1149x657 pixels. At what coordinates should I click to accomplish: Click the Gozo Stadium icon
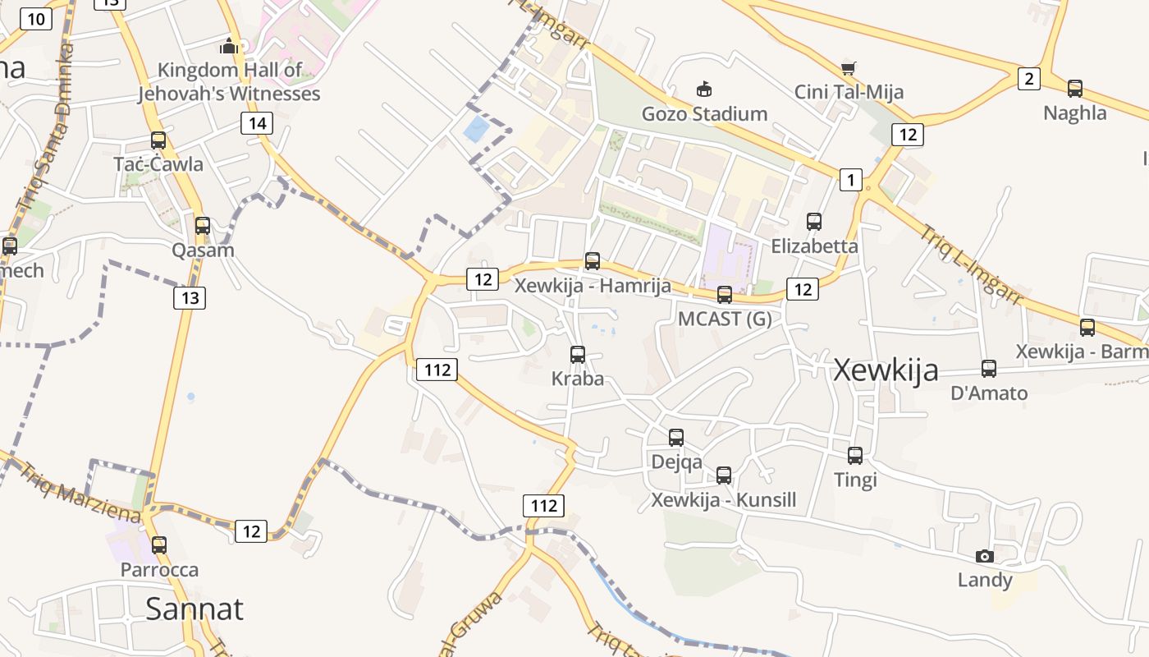point(703,89)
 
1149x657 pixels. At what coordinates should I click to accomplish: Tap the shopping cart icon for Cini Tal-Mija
point(849,68)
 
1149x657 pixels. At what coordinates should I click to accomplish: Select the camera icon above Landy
point(985,556)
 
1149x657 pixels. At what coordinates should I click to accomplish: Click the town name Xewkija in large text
point(886,370)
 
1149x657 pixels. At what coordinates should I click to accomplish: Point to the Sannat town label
point(195,609)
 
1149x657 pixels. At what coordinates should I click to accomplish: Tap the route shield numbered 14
point(257,124)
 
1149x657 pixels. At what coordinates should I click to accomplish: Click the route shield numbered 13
point(190,297)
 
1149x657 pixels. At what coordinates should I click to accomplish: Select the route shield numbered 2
point(1028,79)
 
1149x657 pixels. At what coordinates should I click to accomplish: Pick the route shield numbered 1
point(851,180)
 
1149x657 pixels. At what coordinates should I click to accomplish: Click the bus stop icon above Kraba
point(578,355)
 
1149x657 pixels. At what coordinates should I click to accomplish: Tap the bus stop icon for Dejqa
point(676,438)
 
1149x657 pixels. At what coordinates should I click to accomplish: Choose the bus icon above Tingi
point(855,456)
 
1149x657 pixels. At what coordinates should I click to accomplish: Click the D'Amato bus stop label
point(989,393)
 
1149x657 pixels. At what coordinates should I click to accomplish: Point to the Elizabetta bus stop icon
point(814,222)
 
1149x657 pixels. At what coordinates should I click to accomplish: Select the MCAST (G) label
point(725,319)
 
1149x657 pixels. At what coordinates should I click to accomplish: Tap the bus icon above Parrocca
point(159,544)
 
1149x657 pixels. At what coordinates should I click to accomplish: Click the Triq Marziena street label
point(79,494)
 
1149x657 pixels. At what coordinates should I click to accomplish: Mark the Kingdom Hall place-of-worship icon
point(229,46)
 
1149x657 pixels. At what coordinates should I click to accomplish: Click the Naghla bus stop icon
point(1075,89)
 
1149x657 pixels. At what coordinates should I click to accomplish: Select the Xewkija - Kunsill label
point(724,500)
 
